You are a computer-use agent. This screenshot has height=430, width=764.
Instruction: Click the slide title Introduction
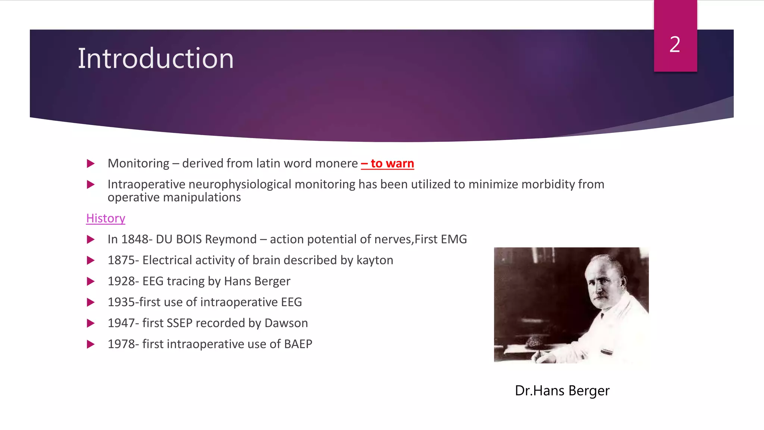156,59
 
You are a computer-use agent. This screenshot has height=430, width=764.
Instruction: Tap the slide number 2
675,44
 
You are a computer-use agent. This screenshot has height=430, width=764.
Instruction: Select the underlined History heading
106,218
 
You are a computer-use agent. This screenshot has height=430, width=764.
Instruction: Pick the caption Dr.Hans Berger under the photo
562,391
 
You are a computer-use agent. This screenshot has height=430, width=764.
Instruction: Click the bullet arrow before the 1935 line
91,302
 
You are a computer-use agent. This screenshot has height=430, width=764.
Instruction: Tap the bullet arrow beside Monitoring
91,163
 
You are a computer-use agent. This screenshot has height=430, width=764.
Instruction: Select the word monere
336,163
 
